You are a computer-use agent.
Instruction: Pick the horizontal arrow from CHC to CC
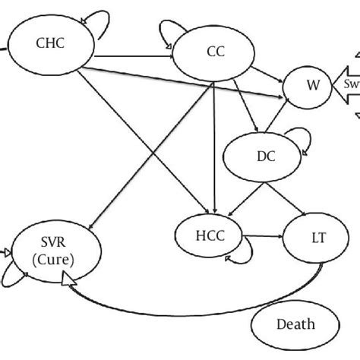click(x=134, y=55)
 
